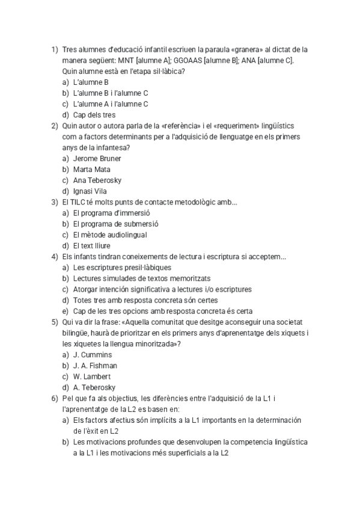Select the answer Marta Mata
[x=92, y=170]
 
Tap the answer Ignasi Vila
[x=90, y=191]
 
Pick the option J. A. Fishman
[x=95, y=366]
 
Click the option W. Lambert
[x=91, y=376]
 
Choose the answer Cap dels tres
[x=94, y=115]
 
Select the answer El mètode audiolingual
[x=110, y=235]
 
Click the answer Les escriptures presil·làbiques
[x=122, y=268]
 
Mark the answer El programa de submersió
[x=115, y=224]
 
